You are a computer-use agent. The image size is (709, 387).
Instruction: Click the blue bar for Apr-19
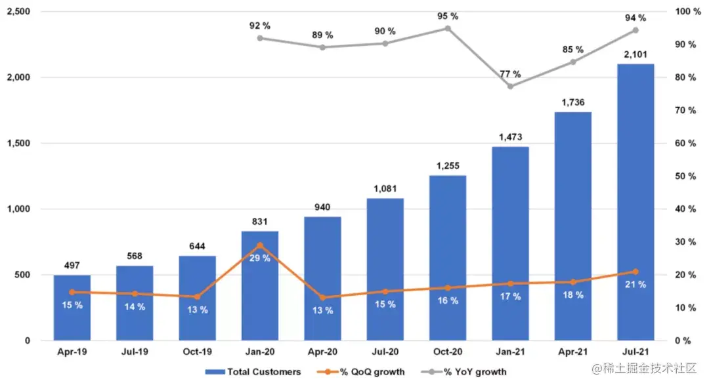72,308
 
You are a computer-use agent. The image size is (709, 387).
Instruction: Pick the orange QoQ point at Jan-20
260,245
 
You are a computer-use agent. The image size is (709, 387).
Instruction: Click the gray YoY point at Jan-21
510,86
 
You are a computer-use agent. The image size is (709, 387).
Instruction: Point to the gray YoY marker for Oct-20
448,28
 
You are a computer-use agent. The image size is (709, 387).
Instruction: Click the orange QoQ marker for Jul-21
635,272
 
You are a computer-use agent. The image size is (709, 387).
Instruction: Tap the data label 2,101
635,54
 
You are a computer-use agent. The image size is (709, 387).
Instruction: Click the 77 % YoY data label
509,74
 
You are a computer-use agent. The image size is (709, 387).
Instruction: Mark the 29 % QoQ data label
260,258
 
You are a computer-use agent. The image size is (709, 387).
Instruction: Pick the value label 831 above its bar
260,222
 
